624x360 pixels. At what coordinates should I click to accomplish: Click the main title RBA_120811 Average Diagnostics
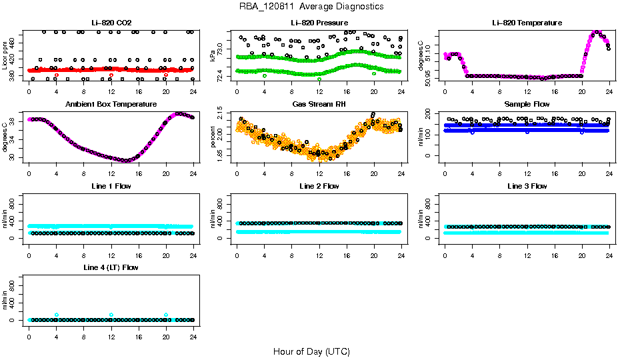312,6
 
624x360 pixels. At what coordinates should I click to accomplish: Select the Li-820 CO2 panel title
111,23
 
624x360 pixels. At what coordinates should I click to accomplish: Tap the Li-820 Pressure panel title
319,23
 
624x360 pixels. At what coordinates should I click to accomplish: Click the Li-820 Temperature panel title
527,23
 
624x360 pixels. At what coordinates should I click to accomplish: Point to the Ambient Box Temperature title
111,104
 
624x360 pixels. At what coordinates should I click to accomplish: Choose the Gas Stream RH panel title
319,104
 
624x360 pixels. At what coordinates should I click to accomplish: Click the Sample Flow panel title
527,104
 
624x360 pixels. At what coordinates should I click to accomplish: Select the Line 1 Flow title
111,186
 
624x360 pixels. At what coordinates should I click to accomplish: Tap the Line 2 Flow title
319,186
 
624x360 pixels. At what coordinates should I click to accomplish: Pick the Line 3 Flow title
527,186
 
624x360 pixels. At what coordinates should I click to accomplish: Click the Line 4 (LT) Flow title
111,267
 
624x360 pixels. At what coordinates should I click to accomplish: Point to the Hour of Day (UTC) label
311,351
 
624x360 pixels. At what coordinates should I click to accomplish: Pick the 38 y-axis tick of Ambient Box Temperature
14,123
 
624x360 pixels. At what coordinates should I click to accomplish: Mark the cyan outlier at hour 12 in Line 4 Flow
111,315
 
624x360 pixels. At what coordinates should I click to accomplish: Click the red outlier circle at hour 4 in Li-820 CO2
57,75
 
